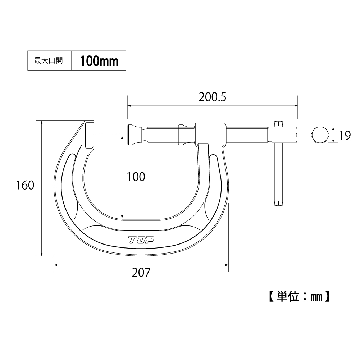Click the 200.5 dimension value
tap(212, 97)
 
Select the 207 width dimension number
tap(141, 273)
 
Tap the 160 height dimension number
tap(25, 185)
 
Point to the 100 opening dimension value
tap(136, 177)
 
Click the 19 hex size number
tap(345, 136)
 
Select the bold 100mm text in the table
tap(99, 61)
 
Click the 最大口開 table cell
tap(49, 61)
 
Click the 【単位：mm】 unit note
tap(299, 296)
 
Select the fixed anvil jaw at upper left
tap(90, 135)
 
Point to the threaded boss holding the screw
tap(210, 133)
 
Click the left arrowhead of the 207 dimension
tap(56, 265)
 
